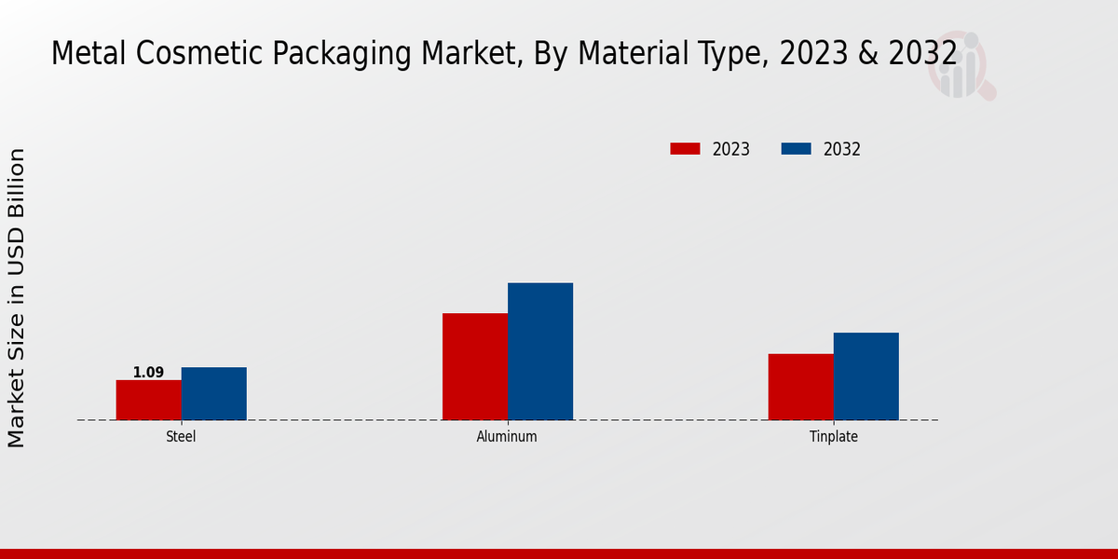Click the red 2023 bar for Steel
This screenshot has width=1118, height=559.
click(148, 400)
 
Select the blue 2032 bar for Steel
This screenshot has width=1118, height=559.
click(214, 393)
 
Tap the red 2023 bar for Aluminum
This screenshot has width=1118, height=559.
click(475, 366)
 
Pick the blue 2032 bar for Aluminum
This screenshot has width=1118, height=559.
click(540, 351)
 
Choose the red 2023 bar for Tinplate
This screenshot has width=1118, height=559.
click(801, 387)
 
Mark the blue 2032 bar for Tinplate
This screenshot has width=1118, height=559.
click(866, 376)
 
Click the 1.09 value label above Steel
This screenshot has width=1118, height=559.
click(148, 373)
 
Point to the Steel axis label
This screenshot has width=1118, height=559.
click(181, 436)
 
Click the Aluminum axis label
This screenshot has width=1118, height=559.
click(507, 436)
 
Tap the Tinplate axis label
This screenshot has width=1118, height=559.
click(834, 436)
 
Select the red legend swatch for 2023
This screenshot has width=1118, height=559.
click(685, 149)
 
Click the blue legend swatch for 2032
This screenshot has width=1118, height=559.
click(796, 149)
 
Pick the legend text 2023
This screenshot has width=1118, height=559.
click(731, 149)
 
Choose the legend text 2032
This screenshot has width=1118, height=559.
click(842, 149)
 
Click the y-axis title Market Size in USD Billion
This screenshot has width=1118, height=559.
click(17, 298)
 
